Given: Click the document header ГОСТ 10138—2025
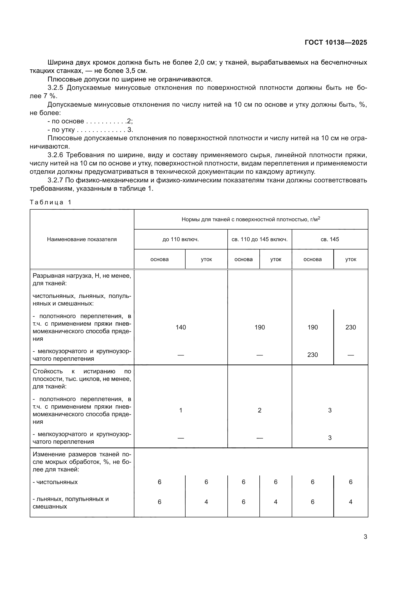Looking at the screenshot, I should coord(336,42).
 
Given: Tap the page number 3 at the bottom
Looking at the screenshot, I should coord(365,537).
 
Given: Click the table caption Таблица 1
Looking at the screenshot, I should coord(50,202).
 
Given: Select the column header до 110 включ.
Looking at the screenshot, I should coord(181,239).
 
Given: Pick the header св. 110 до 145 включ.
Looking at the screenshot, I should coord(259,239).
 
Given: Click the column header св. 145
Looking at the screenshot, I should coord(330,239).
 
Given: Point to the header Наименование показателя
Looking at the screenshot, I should coord(82,239).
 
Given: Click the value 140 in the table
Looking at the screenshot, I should coord(181,327).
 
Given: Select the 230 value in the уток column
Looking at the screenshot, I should coord(350,327).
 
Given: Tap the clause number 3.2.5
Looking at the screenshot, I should coord(55,88).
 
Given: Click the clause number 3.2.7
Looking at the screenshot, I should coord(55,180).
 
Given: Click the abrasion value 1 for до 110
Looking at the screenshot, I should coord(181,410).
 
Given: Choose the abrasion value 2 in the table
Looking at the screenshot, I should coord(259,410).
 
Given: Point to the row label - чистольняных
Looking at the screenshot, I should coord(55,482).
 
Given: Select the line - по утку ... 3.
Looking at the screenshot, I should coord(90,129).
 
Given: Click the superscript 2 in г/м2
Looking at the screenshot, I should coord(319,218).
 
